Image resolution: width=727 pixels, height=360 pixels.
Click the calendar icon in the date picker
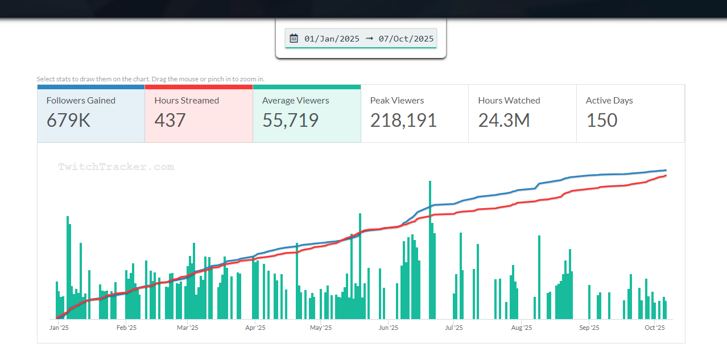click(294, 38)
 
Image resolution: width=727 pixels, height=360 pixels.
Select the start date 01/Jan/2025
click(332, 39)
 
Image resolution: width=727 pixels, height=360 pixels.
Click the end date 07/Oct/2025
click(406, 39)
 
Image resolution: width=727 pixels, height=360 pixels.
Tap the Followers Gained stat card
click(91, 113)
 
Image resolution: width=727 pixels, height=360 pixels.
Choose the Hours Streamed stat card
click(199, 113)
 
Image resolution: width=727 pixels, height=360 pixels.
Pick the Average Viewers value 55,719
click(290, 120)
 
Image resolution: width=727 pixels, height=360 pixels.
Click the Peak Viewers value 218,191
click(403, 120)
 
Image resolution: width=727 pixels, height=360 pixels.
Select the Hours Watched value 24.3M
click(504, 120)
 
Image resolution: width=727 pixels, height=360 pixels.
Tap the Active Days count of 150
click(601, 120)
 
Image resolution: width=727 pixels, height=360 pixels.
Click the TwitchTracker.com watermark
click(116, 167)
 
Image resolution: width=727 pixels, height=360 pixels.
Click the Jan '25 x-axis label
click(59, 328)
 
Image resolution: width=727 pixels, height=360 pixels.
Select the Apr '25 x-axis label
click(255, 328)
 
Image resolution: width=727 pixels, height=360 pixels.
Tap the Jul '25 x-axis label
click(453, 328)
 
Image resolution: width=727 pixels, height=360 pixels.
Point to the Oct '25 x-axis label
click(655, 328)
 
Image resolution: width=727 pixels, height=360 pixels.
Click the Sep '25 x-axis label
click(589, 328)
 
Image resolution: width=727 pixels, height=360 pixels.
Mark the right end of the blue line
click(666, 170)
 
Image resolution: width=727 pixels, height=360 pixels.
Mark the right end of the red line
click(666, 175)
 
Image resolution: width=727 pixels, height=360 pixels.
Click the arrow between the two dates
click(369, 39)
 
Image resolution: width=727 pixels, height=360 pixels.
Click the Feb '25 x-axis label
click(126, 328)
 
